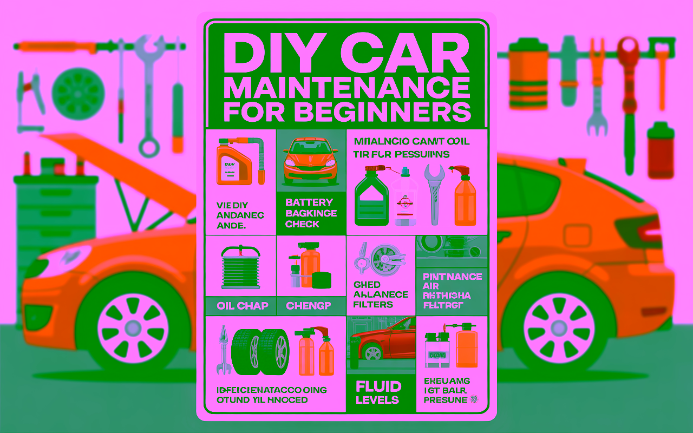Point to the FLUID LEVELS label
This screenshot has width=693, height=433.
pos(378,393)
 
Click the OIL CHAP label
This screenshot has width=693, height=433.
pos(242,306)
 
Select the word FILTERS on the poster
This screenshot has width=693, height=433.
pos(373,304)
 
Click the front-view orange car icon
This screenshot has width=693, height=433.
pos(311,161)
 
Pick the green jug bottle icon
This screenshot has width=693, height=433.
pos(371,199)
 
